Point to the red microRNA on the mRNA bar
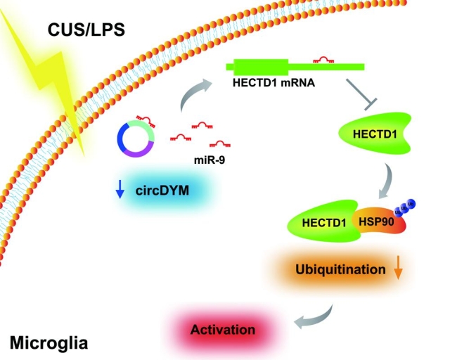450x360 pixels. pyautogui.click(x=324, y=58)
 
